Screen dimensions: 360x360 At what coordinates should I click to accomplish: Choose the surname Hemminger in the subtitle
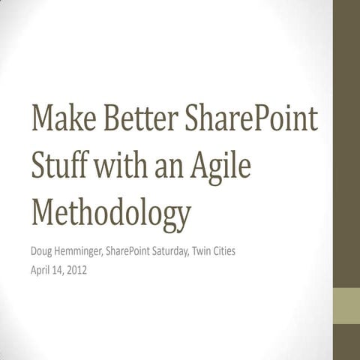click(x=88, y=251)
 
